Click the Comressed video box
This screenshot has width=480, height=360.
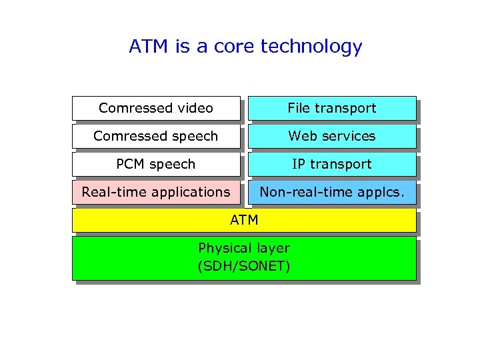[155, 108]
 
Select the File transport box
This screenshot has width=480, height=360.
[331, 108]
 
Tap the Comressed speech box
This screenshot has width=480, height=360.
[155, 136]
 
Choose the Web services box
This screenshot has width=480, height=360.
[331, 136]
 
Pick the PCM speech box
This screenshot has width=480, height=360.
[155, 164]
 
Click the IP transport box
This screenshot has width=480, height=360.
[331, 164]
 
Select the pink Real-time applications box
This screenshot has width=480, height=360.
[155, 192]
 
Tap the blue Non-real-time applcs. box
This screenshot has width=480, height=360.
[331, 192]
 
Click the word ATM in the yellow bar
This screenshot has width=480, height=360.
[244, 219]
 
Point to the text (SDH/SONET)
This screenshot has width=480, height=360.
[244, 267]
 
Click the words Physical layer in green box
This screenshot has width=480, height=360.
[244, 249]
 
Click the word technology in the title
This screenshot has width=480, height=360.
[311, 47]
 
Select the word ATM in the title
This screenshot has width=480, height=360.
[149, 47]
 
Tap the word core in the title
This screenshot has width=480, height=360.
[233, 47]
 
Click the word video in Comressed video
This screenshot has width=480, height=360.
[195, 108]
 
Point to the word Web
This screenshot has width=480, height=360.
[301, 136]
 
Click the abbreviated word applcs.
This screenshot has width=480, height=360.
[381, 193]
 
